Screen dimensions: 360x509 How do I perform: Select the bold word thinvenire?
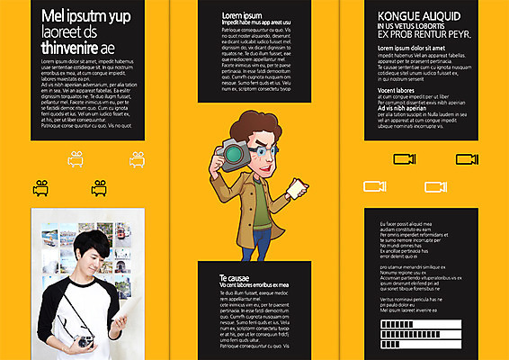click(x=73, y=47)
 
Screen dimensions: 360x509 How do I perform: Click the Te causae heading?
click(x=236, y=278)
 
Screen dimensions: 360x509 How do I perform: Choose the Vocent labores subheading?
click(x=401, y=90)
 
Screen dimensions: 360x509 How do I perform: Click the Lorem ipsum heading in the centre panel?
click(x=242, y=15)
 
